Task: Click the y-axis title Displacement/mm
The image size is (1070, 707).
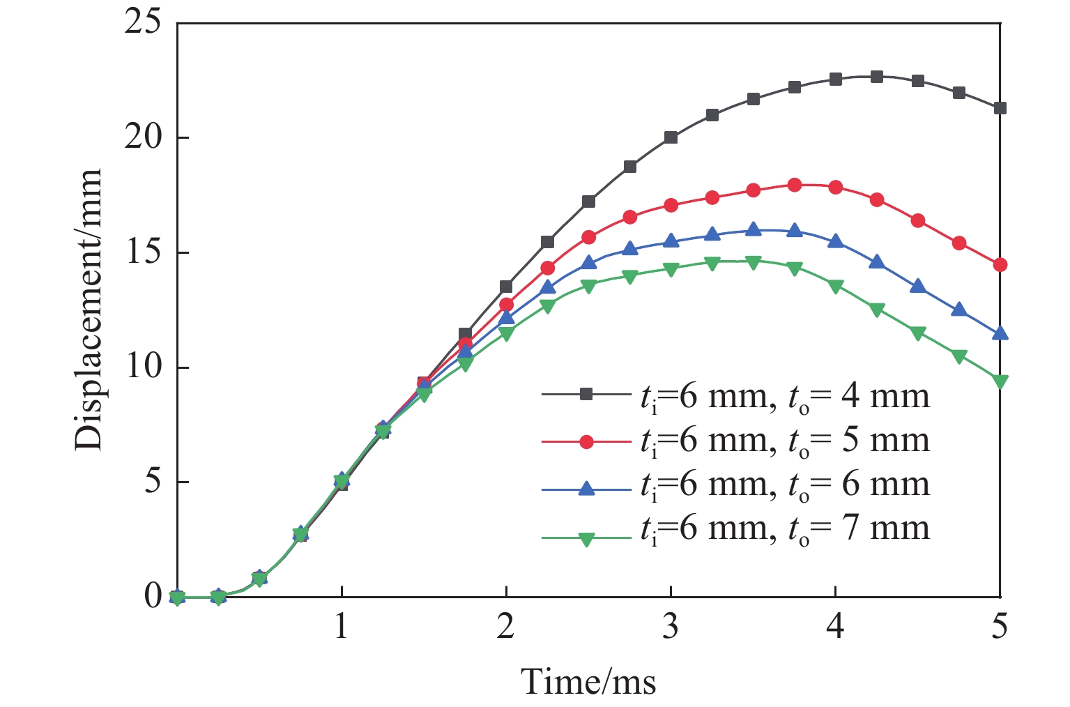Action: click(89, 310)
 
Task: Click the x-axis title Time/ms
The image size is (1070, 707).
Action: click(589, 681)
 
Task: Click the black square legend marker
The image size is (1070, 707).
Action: click(586, 395)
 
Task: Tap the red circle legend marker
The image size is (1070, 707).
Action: click(586, 441)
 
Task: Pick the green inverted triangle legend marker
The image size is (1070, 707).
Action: click(586, 538)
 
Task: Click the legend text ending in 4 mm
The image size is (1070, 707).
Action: click(784, 396)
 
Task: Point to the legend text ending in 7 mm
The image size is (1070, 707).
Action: click(784, 528)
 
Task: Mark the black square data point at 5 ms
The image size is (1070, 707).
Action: click(1000, 108)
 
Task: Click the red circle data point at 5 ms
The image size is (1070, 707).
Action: click(1000, 265)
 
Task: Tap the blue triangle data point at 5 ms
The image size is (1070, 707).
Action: click(1000, 333)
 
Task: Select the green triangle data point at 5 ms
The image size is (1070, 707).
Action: click(1000, 381)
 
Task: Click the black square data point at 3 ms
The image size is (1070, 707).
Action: click(671, 137)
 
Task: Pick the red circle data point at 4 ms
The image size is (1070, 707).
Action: click(835, 187)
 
